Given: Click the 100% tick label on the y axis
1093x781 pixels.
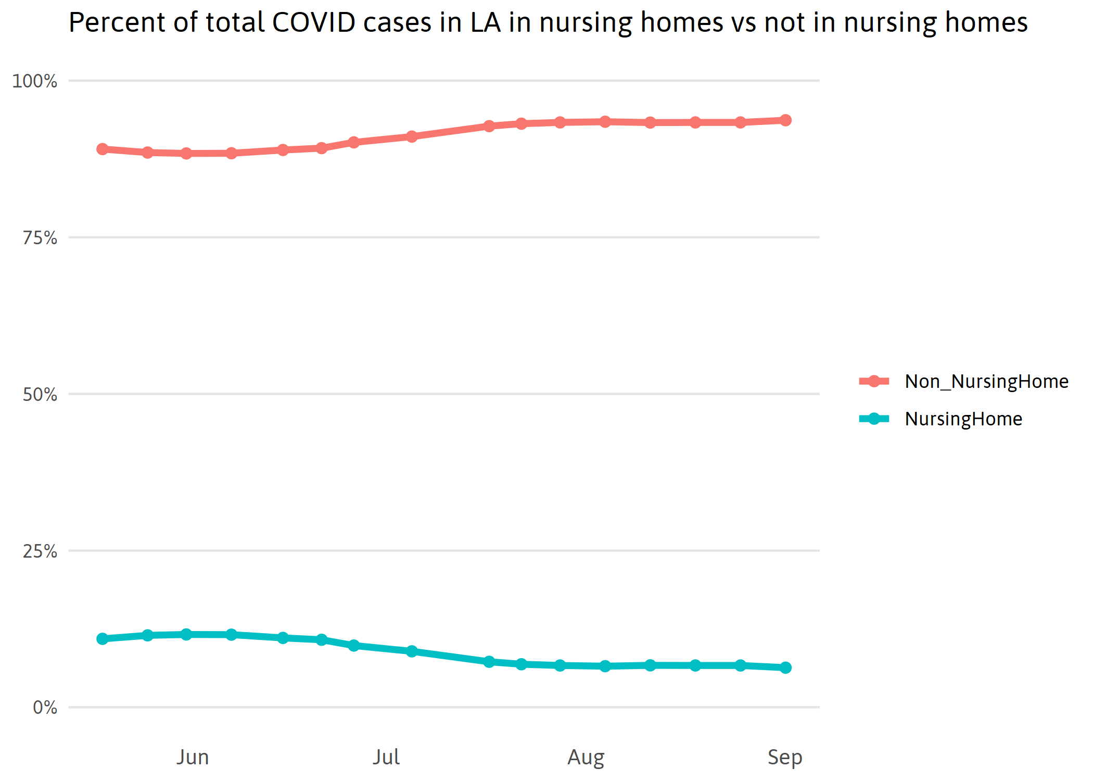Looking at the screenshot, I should [34, 81].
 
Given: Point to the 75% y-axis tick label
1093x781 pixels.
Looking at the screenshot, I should [40, 238].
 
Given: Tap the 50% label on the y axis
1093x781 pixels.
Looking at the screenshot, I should [40, 395].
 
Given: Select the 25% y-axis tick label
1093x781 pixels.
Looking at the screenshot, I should [40, 551].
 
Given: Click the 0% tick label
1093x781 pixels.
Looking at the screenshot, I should [45, 708].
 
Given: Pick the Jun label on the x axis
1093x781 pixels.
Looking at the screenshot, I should [193, 757].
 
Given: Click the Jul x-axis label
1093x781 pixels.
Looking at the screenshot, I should [386, 757].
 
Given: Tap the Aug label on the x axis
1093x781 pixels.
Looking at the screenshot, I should [586, 757].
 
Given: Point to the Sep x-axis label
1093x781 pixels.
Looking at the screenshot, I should [785, 757].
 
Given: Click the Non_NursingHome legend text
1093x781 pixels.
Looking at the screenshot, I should [986, 381].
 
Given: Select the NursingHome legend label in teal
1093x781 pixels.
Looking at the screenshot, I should [963, 419].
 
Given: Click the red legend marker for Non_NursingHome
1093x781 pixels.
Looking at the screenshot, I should [874, 381].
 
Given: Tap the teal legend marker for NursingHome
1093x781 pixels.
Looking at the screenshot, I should [874, 419].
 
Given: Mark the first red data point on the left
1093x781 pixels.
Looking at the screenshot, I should [103, 149].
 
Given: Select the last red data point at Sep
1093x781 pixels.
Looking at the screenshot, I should [785, 120].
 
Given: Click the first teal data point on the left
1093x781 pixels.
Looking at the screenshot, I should [103, 638].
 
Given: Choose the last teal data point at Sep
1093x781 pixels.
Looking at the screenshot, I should [785, 667].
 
